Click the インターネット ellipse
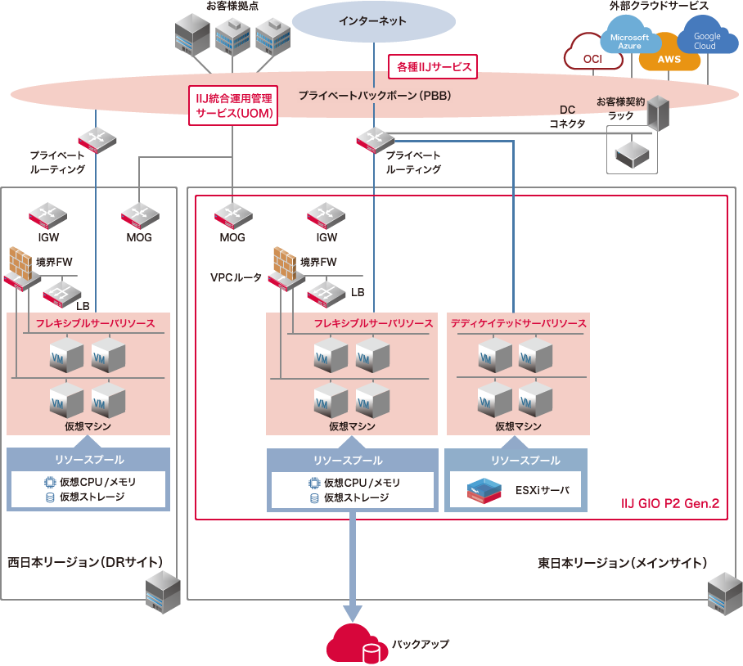tap(372, 21)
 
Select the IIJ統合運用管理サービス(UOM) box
tap(232, 106)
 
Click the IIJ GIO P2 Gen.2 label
tap(670, 504)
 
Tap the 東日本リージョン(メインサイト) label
tap(623, 563)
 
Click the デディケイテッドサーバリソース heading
tap(518, 323)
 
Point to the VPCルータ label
tap(236, 278)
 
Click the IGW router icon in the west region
tap(48, 216)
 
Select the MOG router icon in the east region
tap(232, 216)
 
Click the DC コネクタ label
tap(567, 116)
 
